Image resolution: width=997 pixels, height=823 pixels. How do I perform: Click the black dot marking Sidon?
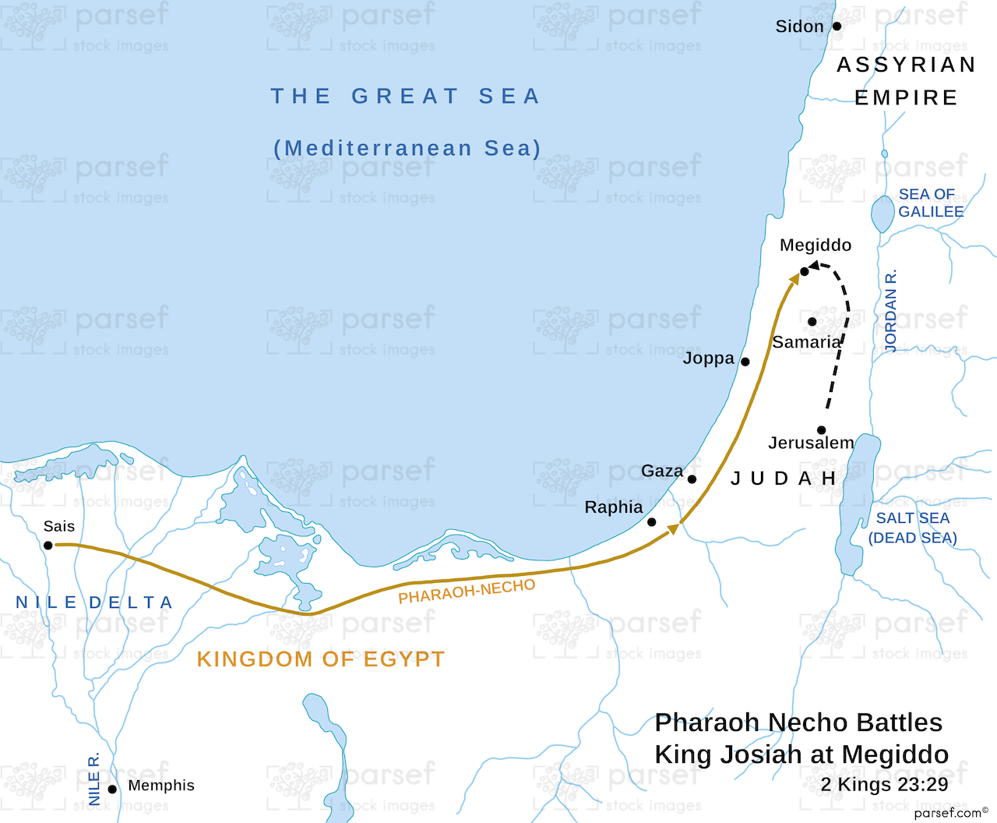pos(837,26)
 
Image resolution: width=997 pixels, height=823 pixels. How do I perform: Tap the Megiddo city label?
pos(816,245)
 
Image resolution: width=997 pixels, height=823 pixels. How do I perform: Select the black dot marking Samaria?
pos(812,322)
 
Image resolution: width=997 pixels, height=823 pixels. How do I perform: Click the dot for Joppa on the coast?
pos(745,362)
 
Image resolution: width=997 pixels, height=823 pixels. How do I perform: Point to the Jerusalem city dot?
pos(821,430)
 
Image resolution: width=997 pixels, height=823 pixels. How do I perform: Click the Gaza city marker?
pos(692,479)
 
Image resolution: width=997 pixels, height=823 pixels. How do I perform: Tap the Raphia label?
pos(614,507)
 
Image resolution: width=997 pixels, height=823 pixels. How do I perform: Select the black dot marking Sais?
pos(48,546)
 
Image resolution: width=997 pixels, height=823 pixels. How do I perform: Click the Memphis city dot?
pos(112,789)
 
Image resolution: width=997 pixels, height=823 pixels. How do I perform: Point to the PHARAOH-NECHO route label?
pos(467,592)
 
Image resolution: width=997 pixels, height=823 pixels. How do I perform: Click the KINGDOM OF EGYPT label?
pos(320,659)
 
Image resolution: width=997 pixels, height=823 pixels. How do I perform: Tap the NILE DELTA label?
pos(94,602)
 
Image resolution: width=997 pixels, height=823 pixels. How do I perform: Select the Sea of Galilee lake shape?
pos(883,214)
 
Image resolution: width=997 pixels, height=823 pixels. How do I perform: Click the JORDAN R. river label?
pos(891,310)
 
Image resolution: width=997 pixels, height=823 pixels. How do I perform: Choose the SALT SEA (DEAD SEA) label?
pos(913,528)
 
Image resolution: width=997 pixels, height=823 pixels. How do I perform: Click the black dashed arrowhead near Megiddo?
pos(815,267)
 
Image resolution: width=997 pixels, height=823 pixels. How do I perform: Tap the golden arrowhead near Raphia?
pos(674,529)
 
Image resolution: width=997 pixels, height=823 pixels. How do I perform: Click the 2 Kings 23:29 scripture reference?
pos(884,785)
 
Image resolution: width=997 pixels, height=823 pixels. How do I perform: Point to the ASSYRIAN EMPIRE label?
pos(906,81)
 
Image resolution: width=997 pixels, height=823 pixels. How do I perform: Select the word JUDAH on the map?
pos(783,479)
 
